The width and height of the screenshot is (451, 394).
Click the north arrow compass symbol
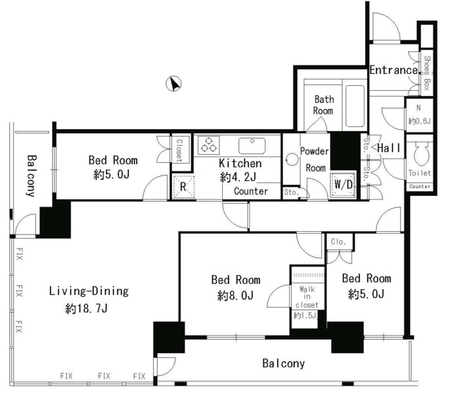(x=174, y=84)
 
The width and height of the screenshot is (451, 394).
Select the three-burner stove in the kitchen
(x=209, y=145)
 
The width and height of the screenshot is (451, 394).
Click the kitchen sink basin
(x=252, y=146)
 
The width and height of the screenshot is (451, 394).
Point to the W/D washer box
(x=343, y=185)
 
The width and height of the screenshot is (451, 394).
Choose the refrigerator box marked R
(x=183, y=187)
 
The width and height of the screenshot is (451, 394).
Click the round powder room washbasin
(x=292, y=159)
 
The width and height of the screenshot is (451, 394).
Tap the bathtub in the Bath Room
(x=355, y=106)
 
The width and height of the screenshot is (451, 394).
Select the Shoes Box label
(x=427, y=73)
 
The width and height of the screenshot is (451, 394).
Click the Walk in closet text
(x=307, y=297)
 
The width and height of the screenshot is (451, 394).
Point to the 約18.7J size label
(x=86, y=309)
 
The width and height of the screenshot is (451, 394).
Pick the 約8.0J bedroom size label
(x=235, y=295)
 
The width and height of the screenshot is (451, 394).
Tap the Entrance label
(x=394, y=70)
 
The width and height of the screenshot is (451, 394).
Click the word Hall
(x=388, y=148)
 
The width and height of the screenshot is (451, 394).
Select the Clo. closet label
(x=338, y=242)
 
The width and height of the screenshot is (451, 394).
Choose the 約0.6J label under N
(x=419, y=121)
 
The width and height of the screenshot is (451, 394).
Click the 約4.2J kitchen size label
(x=238, y=177)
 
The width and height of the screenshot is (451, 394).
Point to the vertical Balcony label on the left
(x=32, y=176)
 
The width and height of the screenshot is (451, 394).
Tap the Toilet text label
(x=420, y=173)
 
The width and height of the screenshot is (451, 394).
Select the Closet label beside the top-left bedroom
(x=179, y=150)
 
